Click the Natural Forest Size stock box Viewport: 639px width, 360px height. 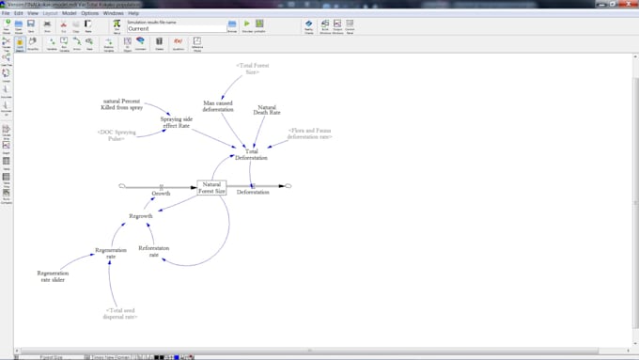point(212,187)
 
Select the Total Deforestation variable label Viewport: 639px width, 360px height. point(251,154)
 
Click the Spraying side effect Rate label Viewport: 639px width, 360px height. point(176,122)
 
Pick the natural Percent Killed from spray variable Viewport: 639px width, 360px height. point(121,103)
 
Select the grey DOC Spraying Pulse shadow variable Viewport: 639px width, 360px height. point(117,135)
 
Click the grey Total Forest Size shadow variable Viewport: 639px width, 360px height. point(252,69)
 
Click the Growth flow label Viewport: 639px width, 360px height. point(162,193)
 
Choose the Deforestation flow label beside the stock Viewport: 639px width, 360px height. point(252,193)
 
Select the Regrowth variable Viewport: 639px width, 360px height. point(140,216)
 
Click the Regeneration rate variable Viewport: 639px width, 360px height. point(111,253)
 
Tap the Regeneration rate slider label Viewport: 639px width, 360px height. point(53,275)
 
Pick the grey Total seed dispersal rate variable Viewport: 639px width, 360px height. point(121,313)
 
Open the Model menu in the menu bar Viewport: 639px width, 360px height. point(70,13)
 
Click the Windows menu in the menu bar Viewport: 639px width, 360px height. point(113,13)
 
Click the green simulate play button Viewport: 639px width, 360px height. point(246,23)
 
